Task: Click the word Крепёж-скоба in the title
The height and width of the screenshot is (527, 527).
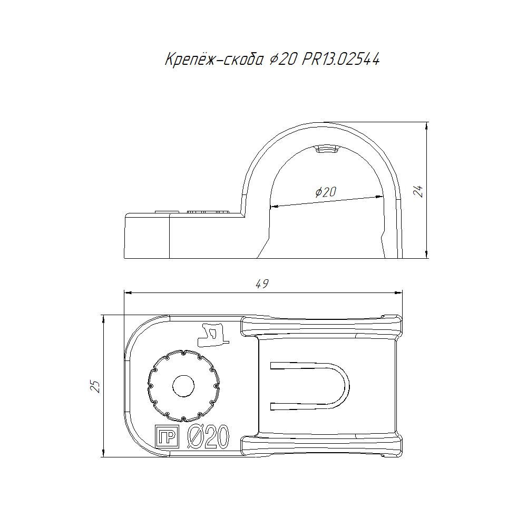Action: pyautogui.click(x=214, y=60)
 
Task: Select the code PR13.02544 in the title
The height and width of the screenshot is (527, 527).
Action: pyautogui.click(x=341, y=59)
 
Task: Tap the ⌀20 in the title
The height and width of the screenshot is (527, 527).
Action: pyautogui.click(x=283, y=60)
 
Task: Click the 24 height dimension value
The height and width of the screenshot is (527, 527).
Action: pyautogui.click(x=418, y=191)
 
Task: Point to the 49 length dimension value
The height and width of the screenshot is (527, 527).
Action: pyautogui.click(x=262, y=284)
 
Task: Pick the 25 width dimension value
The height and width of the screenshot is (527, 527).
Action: pyautogui.click(x=95, y=386)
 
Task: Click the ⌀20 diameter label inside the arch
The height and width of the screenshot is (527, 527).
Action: pyautogui.click(x=326, y=192)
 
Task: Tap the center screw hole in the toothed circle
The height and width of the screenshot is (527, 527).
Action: pyautogui.click(x=183, y=386)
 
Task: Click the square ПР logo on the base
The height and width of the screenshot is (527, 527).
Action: pyautogui.click(x=167, y=436)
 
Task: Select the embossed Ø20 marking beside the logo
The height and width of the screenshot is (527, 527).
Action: pyautogui.click(x=208, y=436)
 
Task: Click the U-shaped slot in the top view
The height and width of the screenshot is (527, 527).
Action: pyautogui.click(x=346, y=386)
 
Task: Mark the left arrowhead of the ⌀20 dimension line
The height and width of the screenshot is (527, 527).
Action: pyautogui.click(x=274, y=207)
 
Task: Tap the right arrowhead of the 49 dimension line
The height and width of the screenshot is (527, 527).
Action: pyautogui.click(x=398, y=292)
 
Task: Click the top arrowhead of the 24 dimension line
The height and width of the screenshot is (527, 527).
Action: pyautogui.click(x=426, y=126)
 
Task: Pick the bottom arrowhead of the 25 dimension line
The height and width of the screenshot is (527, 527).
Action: pyautogui.click(x=103, y=452)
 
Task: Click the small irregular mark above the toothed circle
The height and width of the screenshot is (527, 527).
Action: pyautogui.click(x=213, y=335)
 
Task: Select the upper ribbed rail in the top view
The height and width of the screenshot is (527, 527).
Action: pyautogui.click(x=321, y=326)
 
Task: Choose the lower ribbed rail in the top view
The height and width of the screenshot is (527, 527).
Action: pyautogui.click(x=321, y=445)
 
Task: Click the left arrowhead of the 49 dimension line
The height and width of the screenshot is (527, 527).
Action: pyautogui.click(x=129, y=292)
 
